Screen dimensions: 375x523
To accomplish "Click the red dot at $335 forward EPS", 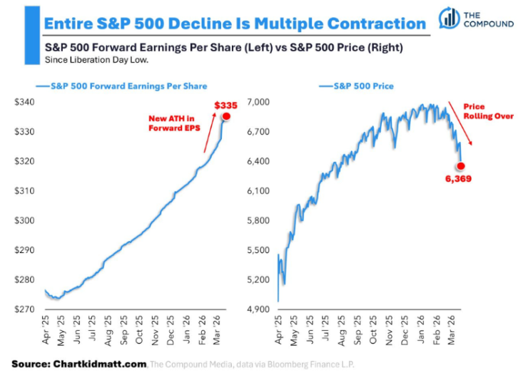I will (x=226, y=116).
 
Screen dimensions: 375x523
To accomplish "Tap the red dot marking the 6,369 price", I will (x=461, y=165).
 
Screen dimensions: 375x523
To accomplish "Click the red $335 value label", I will (x=226, y=106).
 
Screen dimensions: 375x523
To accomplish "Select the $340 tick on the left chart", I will (x=26, y=102).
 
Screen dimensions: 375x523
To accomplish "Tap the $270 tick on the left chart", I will (x=26, y=309).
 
